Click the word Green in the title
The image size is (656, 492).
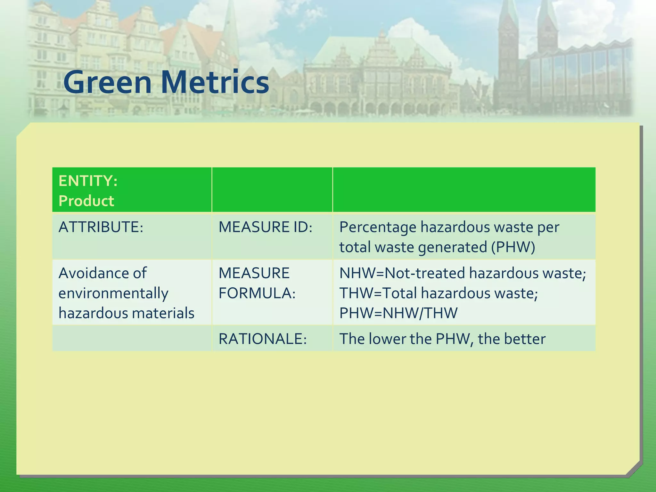[107, 82]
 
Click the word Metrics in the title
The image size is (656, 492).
[215, 82]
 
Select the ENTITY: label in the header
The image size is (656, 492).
[88, 181]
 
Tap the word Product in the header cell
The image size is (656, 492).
[86, 201]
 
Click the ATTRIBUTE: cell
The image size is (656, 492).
[101, 227]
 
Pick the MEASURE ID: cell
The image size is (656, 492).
[265, 227]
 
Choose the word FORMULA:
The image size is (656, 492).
[257, 293]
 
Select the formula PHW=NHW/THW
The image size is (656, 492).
[398, 313]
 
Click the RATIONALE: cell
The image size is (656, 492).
[263, 339]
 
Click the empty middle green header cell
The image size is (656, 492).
[272, 190]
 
